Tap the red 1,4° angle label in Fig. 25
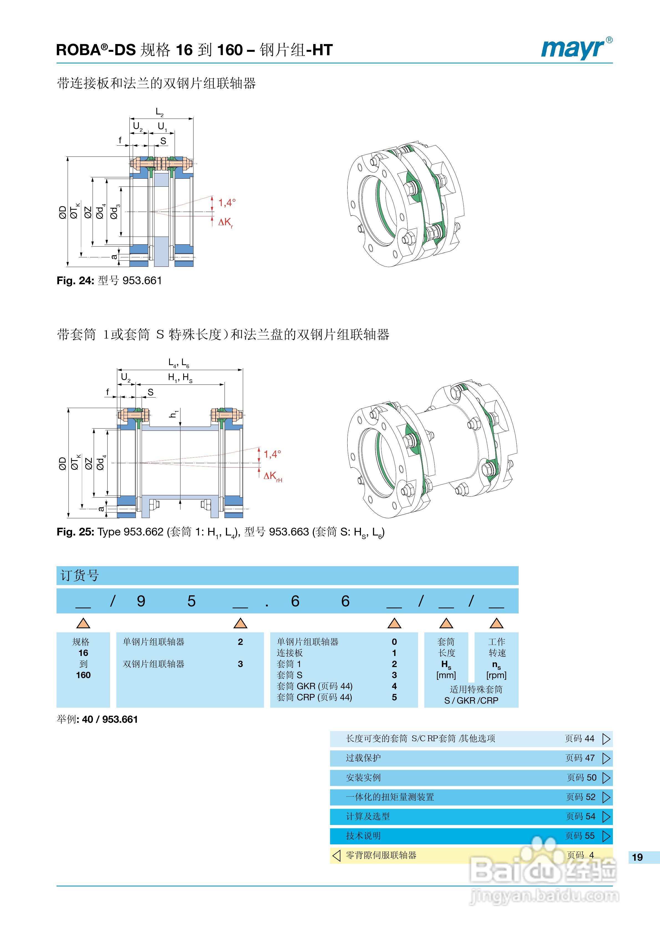click(x=272, y=454)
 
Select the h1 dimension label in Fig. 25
click(x=174, y=414)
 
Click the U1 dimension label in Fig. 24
click(x=162, y=127)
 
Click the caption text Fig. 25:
click(x=75, y=532)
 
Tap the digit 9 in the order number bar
click(x=141, y=601)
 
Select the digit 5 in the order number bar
click(x=192, y=601)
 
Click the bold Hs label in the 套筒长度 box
click(x=446, y=664)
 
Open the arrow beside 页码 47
click(x=606, y=758)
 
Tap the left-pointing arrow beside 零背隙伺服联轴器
click(x=336, y=855)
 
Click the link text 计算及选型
click(x=368, y=816)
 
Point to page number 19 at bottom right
click(x=637, y=857)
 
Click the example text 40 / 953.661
click(x=110, y=719)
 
